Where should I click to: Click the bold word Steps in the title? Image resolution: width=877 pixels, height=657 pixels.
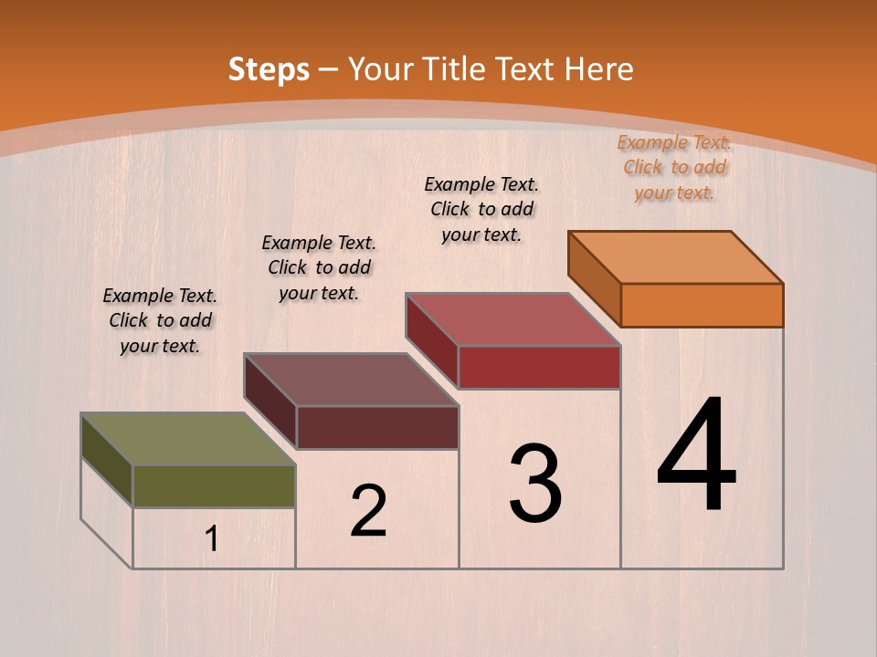click(x=269, y=69)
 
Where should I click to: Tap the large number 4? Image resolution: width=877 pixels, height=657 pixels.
click(x=697, y=456)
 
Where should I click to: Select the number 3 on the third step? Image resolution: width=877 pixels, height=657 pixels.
click(x=535, y=484)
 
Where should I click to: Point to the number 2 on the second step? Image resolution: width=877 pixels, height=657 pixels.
click(x=369, y=511)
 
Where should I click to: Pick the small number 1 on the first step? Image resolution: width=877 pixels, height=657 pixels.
click(x=212, y=539)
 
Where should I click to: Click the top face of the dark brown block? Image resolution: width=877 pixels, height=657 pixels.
click(x=351, y=380)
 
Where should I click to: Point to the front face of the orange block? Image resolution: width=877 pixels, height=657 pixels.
click(x=702, y=305)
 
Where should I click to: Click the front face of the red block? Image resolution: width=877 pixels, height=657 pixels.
click(x=539, y=367)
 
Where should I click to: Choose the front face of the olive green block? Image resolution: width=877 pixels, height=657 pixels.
click(x=214, y=486)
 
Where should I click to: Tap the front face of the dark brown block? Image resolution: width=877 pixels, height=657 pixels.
click(x=377, y=427)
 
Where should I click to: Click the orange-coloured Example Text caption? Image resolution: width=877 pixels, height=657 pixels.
click(x=674, y=167)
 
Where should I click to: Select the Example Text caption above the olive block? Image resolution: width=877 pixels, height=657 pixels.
click(x=161, y=320)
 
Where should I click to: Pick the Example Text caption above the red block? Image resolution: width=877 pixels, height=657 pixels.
click(x=481, y=209)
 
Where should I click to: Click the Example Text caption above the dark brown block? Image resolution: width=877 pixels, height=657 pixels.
click(x=319, y=267)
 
